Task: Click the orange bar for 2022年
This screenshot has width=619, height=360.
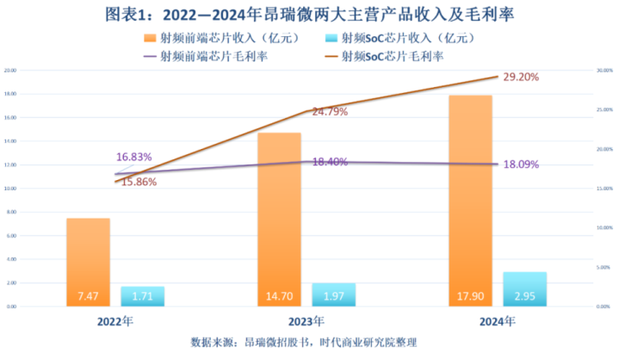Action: tap(88, 262)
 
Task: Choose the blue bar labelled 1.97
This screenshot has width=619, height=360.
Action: tap(333, 295)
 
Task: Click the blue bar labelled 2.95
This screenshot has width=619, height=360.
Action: tap(524, 289)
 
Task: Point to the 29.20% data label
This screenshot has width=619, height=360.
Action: tap(521, 77)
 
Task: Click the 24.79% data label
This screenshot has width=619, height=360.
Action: tap(331, 111)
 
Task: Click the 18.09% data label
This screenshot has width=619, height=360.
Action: tap(522, 164)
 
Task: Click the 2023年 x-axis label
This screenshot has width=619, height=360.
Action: tap(306, 322)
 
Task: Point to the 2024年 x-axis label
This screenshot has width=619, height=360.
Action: tap(497, 322)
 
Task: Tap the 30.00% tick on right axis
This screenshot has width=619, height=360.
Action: tap(605, 70)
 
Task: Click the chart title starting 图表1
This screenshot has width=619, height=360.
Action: tap(308, 14)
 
